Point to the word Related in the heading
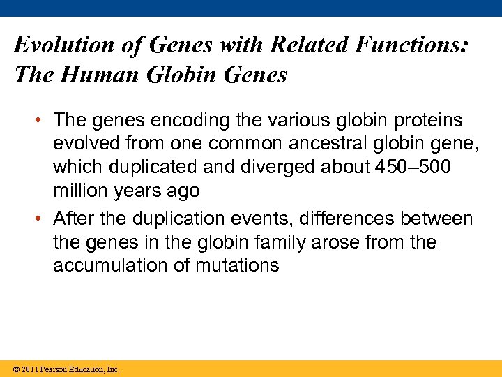click(x=305, y=45)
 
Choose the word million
click(x=78, y=191)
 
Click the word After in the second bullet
click(x=73, y=219)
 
